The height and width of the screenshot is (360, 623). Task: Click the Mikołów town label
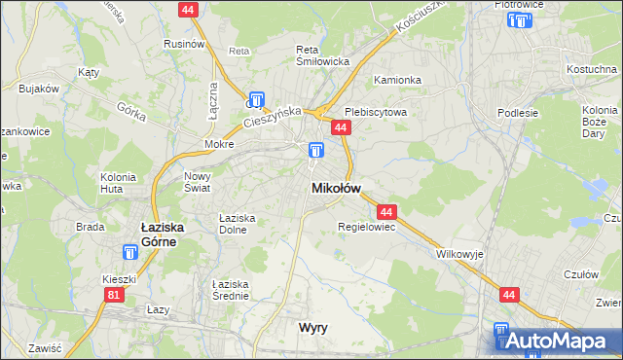(x=336, y=188)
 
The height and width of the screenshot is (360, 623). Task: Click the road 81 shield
(x=115, y=295)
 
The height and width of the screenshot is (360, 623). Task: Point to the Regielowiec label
(x=365, y=227)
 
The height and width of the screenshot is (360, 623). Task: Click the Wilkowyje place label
(x=459, y=253)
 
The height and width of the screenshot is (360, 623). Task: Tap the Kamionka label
(x=395, y=82)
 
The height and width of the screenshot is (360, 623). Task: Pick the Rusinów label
(x=183, y=44)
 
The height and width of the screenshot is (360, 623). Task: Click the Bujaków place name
(x=39, y=89)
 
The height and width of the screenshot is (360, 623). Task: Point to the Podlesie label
(x=517, y=113)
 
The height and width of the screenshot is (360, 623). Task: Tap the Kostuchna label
(x=593, y=69)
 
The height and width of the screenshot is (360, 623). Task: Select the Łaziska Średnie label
(x=232, y=289)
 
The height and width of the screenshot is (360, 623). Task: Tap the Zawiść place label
(x=45, y=347)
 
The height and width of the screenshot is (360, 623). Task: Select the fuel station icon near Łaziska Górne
(x=130, y=252)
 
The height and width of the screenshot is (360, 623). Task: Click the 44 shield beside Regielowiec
(x=386, y=211)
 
